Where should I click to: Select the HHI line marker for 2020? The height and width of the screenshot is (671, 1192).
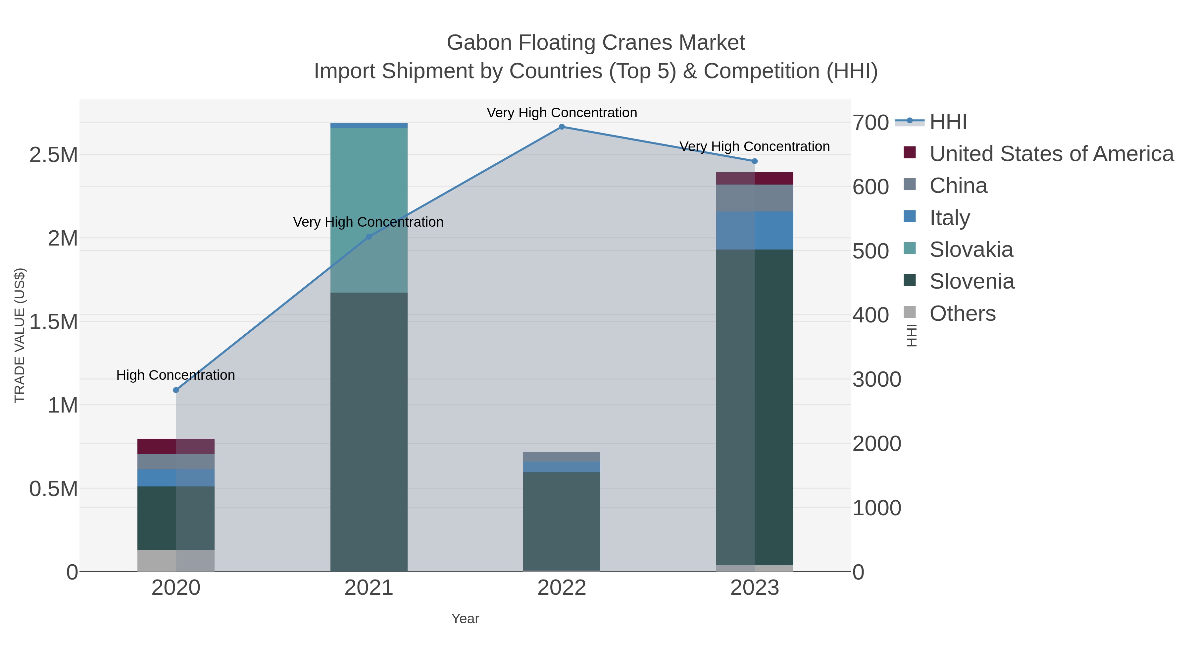tap(176, 390)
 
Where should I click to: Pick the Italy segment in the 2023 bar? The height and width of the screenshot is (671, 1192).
tap(754, 230)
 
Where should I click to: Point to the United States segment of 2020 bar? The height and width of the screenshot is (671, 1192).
tap(176, 446)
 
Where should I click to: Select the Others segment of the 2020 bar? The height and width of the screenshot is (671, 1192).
tap(176, 560)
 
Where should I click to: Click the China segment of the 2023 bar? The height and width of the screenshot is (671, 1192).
tap(754, 198)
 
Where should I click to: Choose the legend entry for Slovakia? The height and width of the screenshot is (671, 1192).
tap(971, 250)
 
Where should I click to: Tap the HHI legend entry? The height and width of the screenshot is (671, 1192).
tap(948, 122)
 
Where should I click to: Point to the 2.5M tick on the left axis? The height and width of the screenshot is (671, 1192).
tap(54, 155)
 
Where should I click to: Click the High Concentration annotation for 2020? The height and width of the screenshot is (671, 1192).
tap(175, 375)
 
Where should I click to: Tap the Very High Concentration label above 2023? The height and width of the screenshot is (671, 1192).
tap(754, 146)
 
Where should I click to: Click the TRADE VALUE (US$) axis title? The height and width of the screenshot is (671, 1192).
tap(20, 335)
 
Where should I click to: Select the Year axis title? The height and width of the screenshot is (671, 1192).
tap(465, 619)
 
